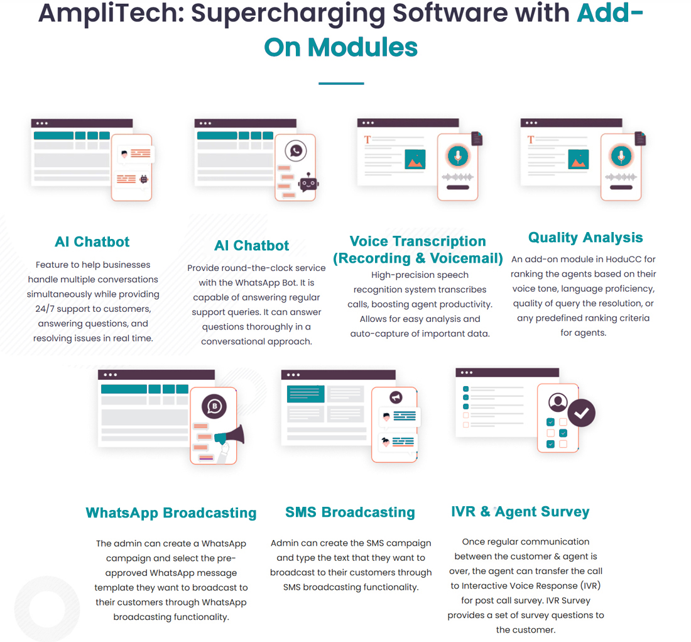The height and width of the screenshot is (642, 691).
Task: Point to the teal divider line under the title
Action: click(341, 83)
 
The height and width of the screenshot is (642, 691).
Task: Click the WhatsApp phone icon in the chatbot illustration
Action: click(295, 151)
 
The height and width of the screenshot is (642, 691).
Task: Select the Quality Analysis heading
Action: click(585, 238)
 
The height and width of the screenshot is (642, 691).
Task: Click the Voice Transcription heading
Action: click(418, 241)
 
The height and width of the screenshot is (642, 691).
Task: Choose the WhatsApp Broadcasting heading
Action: click(171, 513)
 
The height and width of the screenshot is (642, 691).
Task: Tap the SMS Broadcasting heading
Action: click(350, 512)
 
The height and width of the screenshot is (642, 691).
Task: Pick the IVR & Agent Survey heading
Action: click(520, 512)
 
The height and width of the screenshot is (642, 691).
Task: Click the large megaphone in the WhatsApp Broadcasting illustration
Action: click(227, 438)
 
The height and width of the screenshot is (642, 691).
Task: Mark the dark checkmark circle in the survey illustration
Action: click(582, 412)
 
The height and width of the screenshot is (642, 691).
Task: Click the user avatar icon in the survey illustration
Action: click(557, 402)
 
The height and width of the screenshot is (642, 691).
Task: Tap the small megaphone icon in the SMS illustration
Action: click(395, 397)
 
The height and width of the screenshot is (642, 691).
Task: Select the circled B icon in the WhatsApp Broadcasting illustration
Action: click(214, 406)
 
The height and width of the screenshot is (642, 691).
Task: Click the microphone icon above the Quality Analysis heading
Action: click(621, 156)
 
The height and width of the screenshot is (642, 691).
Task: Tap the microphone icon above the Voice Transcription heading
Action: click(458, 156)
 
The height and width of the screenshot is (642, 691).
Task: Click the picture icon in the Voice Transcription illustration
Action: click(415, 160)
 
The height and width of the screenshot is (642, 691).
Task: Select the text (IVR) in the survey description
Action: click(587, 585)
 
